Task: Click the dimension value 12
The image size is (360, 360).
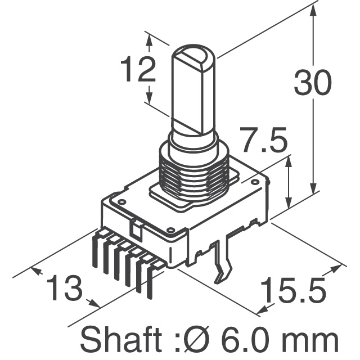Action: [x=138, y=70]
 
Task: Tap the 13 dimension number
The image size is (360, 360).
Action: [x=64, y=289]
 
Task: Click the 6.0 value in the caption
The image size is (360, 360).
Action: [x=244, y=340]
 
